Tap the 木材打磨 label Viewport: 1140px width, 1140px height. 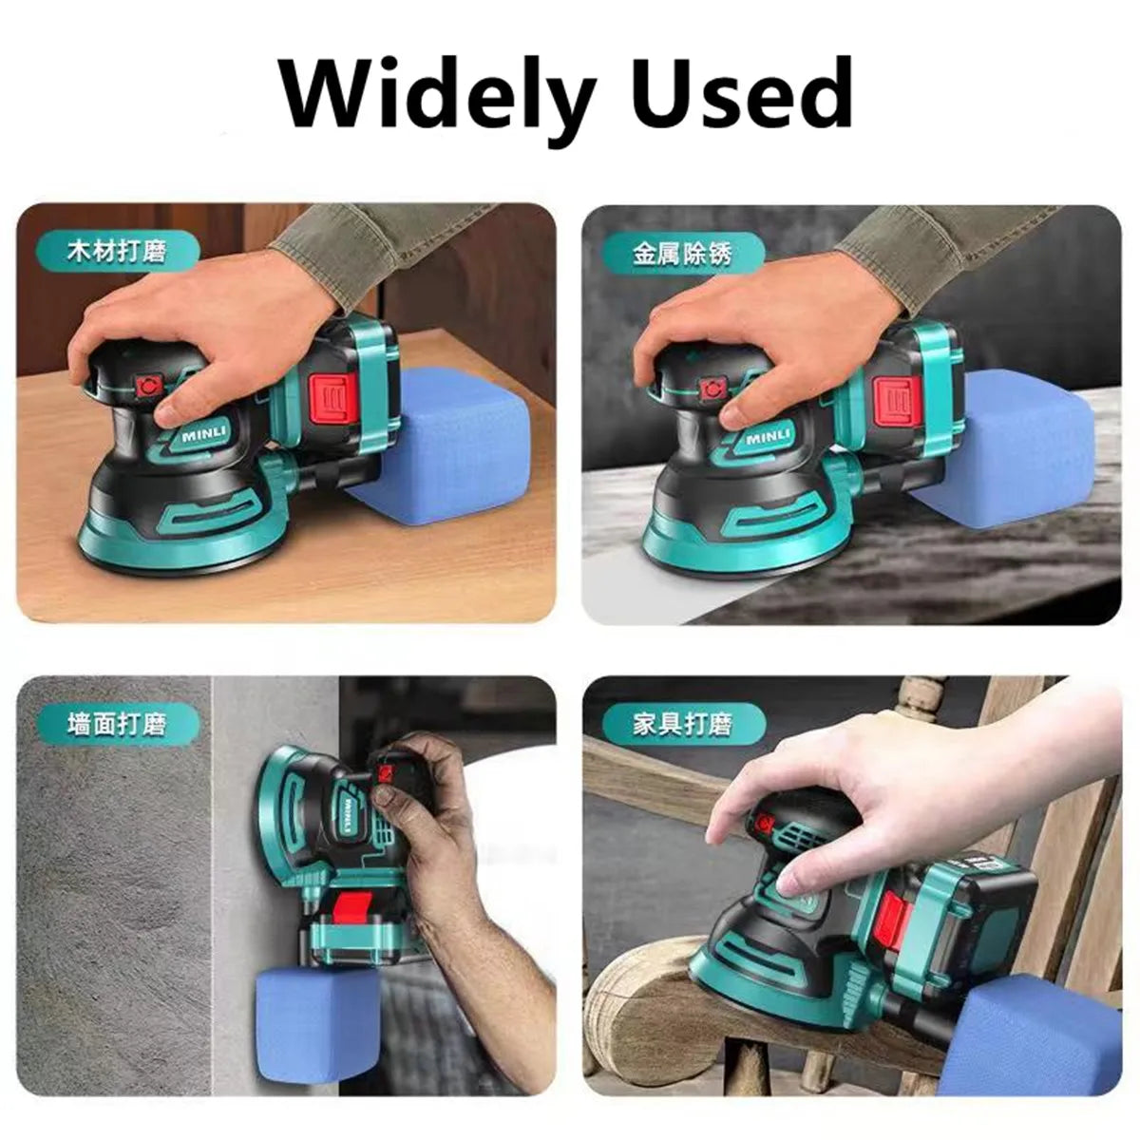click(x=117, y=251)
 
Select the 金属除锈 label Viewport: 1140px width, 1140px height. click(x=683, y=255)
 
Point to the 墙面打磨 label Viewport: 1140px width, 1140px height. click(x=117, y=724)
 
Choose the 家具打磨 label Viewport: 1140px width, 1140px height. click(x=683, y=724)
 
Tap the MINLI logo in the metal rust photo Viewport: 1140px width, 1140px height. click(x=768, y=438)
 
